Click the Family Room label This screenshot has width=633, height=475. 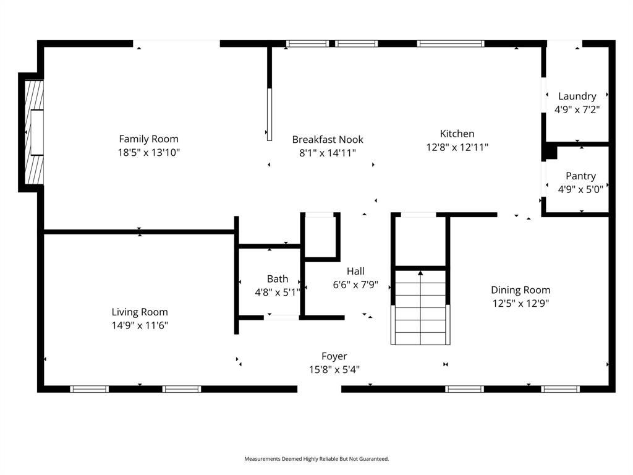point(148,139)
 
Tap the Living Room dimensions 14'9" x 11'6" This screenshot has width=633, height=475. point(140,325)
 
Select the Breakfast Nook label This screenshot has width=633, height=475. point(328,140)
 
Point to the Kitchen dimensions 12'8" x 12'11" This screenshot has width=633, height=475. point(457,147)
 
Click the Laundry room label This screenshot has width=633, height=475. point(577,96)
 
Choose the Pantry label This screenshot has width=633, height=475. point(580,176)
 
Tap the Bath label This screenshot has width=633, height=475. point(278,279)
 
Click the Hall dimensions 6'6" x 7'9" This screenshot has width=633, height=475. point(355,285)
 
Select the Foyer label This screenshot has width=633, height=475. point(334,356)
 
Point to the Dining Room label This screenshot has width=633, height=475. point(520,290)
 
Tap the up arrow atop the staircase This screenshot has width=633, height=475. point(420,273)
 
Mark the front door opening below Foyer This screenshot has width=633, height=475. point(320,388)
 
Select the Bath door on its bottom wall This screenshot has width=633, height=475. point(283,317)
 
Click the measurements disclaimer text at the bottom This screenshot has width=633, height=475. point(316,459)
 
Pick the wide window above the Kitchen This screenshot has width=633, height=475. point(450,44)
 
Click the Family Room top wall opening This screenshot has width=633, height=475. point(176,43)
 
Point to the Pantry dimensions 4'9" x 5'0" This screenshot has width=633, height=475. point(580,190)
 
